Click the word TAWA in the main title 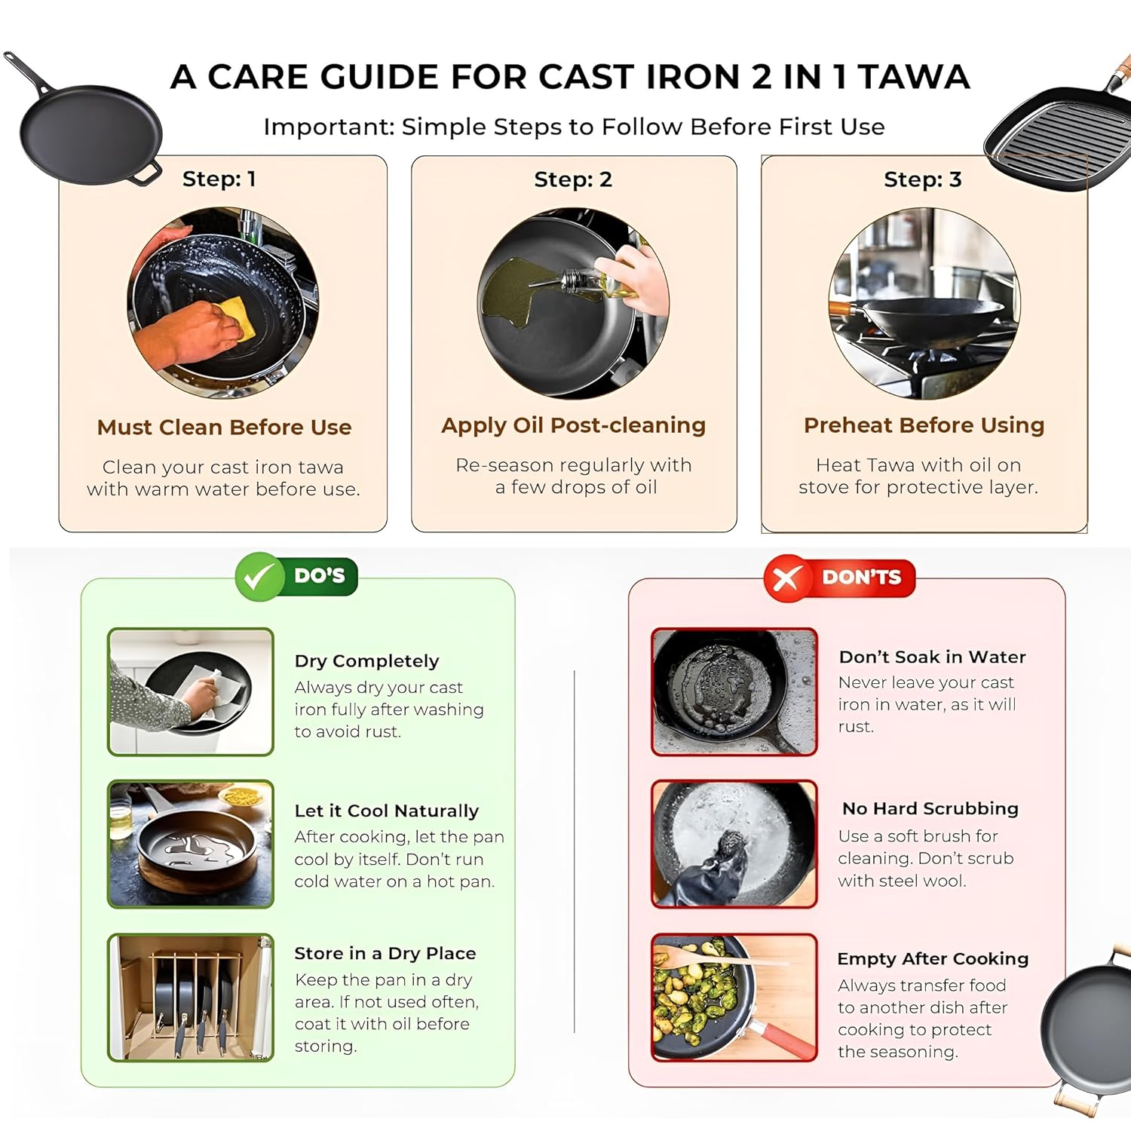pyautogui.click(x=914, y=77)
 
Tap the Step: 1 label pyautogui.click(x=219, y=179)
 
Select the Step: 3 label pyautogui.click(x=922, y=179)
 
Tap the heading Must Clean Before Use pyautogui.click(x=224, y=428)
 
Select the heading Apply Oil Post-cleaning pyautogui.click(x=573, y=425)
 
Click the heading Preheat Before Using pyautogui.click(x=924, y=425)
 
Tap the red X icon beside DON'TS pyautogui.click(x=786, y=578)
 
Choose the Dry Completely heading pyautogui.click(x=366, y=661)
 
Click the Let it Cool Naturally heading pyautogui.click(x=386, y=811)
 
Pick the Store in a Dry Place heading pyautogui.click(x=385, y=954)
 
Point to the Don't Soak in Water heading pyautogui.click(x=932, y=657)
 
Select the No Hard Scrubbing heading pyautogui.click(x=930, y=809)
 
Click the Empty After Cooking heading pyautogui.click(x=933, y=959)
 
